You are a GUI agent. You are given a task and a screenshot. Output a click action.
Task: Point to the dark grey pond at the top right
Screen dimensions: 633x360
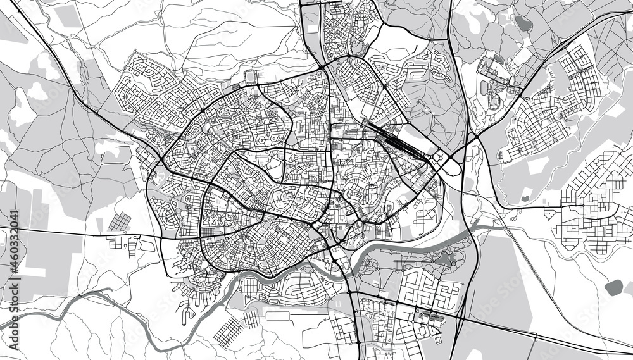point(522,24)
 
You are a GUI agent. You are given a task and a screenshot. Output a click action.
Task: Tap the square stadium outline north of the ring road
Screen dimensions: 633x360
point(251,77)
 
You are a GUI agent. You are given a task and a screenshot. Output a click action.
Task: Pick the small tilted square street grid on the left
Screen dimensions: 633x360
point(120,222)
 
